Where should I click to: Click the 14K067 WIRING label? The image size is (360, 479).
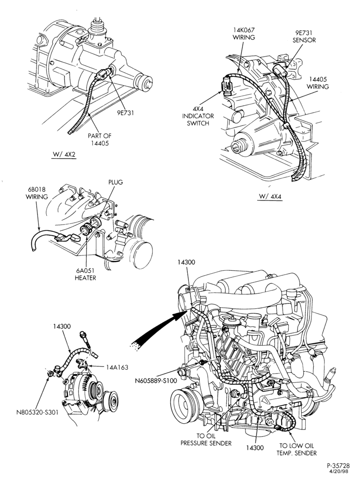click(x=244, y=34)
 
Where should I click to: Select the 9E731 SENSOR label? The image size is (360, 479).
click(x=304, y=37)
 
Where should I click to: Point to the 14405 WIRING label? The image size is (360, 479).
click(x=318, y=83)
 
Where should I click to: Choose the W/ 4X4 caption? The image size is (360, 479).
click(x=270, y=196)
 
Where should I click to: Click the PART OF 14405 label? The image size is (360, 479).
click(x=100, y=139)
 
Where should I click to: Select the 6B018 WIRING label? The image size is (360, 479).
click(x=37, y=193)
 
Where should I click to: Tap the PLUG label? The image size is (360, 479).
click(x=116, y=182)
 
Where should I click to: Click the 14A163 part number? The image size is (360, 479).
click(x=117, y=367)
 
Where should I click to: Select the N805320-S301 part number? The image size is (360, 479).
click(x=37, y=412)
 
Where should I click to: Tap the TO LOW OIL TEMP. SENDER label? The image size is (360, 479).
click(x=296, y=449)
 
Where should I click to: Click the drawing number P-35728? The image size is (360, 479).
click(x=338, y=466)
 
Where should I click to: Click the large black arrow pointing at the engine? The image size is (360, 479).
click(x=159, y=328)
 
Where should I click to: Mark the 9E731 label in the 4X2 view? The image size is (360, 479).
click(x=125, y=113)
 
